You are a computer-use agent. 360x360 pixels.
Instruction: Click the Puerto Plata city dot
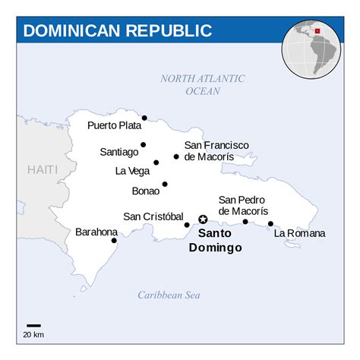144,118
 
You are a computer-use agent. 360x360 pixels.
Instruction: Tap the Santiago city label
119,152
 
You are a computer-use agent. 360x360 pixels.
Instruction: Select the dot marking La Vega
156,162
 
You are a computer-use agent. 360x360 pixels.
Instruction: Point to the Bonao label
145,191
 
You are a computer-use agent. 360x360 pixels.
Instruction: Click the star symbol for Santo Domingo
203,219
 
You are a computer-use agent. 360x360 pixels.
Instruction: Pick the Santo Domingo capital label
215,241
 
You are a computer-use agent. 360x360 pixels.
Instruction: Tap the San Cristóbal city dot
187,225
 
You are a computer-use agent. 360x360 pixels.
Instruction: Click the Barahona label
96,232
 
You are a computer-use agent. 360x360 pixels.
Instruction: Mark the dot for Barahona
114,241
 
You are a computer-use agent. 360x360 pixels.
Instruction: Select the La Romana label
299,233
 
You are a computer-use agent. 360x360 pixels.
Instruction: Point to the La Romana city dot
270,223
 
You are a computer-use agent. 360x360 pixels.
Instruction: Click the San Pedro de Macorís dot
245,222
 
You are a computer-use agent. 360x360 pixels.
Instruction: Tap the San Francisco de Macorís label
216,150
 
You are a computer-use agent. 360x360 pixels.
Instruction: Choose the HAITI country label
43,170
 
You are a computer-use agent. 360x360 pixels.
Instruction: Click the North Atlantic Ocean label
203,84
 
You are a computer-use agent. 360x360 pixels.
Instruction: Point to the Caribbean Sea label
169,295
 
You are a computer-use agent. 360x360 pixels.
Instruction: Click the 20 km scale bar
33,326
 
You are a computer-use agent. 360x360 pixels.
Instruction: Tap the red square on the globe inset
317,31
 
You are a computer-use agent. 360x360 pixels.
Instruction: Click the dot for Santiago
143,144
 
